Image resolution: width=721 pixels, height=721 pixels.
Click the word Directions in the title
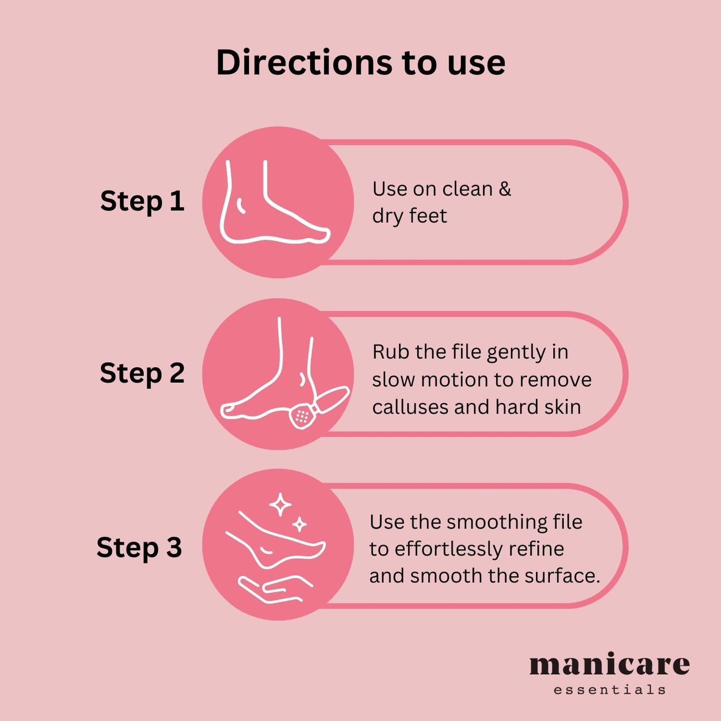[x=304, y=62]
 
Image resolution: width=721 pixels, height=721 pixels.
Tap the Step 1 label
[x=142, y=201]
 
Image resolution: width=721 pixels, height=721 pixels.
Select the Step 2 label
[x=142, y=373]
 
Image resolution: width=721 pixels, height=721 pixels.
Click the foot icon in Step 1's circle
[x=275, y=203]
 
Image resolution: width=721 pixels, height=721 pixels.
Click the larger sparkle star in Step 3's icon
[x=280, y=505]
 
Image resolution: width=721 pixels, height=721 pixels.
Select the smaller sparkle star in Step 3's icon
[x=299, y=524]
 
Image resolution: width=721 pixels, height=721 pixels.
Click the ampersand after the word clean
[x=505, y=189]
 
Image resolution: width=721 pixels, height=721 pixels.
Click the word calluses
[x=411, y=407]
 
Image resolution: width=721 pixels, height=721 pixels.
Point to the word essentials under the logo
[x=610, y=689]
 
